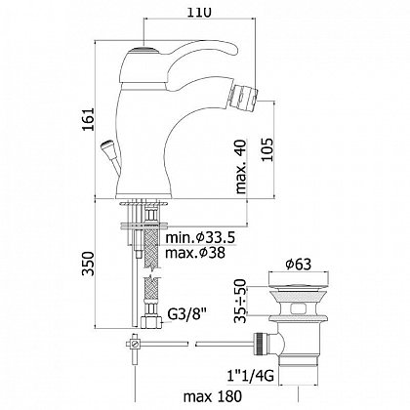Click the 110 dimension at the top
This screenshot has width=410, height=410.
tap(198, 12)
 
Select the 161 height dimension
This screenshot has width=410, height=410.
tap(88, 119)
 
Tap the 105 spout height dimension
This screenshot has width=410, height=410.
tap(267, 149)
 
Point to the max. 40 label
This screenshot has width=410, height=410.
tap(241, 167)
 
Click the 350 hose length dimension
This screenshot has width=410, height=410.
tap(88, 264)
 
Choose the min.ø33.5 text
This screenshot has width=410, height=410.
tap(200, 237)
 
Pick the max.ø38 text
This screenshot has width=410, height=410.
tap(195, 253)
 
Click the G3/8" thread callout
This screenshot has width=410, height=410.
tap(187, 314)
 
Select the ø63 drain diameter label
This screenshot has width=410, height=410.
tap(299, 264)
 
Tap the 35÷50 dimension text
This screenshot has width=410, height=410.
tap(241, 301)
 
